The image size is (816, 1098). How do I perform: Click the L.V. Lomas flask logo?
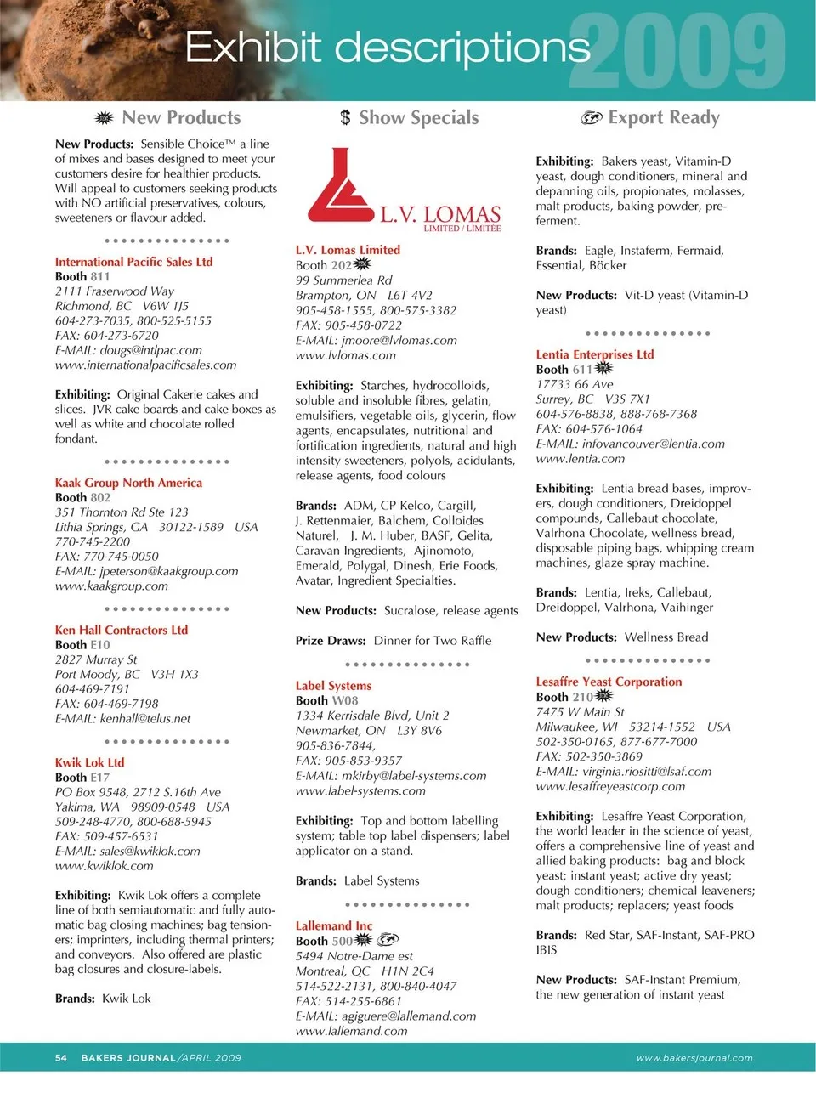pyautogui.click(x=340, y=185)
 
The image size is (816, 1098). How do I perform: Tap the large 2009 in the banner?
pyautogui.click(x=677, y=53)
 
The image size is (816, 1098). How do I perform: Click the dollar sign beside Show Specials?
pyautogui.click(x=345, y=118)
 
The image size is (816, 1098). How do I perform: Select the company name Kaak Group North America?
pyautogui.click(x=128, y=483)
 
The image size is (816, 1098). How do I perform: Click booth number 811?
pyautogui.click(x=100, y=277)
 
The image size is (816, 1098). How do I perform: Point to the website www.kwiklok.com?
pyautogui.click(x=104, y=866)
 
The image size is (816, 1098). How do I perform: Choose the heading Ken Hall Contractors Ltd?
pyautogui.click(x=121, y=631)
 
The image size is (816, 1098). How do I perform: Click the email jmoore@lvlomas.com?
pyautogui.click(x=399, y=341)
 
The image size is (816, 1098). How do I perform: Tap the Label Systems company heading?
pyautogui.click(x=333, y=686)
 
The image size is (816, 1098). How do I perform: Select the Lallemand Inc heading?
pyautogui.click(x=334, y=926)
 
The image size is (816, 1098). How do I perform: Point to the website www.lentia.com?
pyautogui.click(x=580, y=459)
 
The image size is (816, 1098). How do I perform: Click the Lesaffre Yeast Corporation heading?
pyautogui.click(x=609, y=682)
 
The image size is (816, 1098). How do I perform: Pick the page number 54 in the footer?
pyautogui.click(x=61, y=1058)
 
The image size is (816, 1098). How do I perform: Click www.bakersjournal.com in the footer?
pyautogui.click(x=694, y=1058)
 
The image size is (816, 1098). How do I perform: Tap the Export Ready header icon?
pyautogui.click(x=592, y=118)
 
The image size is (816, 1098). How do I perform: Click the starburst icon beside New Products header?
pyautogui.click(x=104, y=118)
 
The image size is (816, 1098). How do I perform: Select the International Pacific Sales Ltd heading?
pyautogui.click(x=133, y=263)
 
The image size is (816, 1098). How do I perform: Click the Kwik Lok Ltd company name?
pyautogui.click(x=89, y=763)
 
